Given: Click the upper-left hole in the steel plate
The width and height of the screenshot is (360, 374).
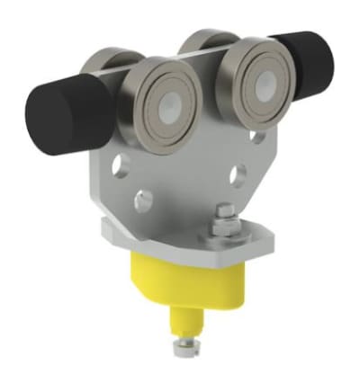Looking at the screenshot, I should click(x=121, y=164).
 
